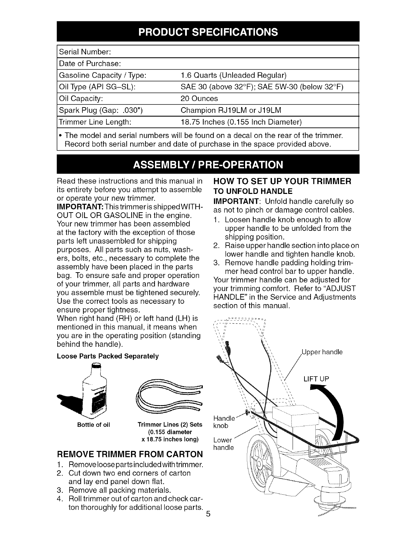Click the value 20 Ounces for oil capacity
(199, 99)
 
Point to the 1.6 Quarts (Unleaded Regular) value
(234, 75)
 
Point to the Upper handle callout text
(322, 352)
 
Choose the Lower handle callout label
(223, 444)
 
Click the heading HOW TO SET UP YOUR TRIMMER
(282, 181)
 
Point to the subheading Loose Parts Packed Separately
(108, 356)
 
